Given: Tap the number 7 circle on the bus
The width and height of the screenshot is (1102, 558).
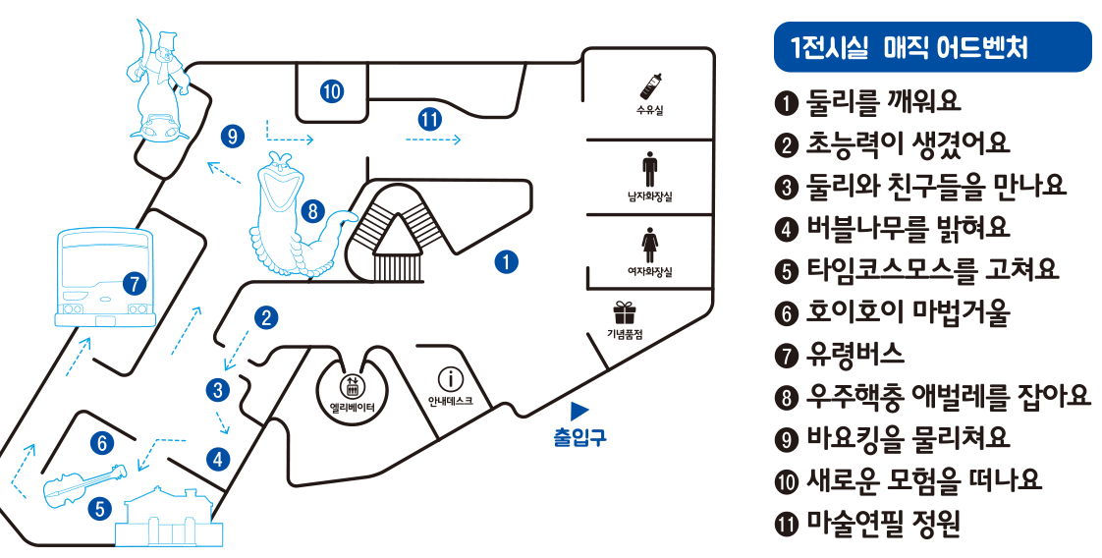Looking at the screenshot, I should [x=135, y=285].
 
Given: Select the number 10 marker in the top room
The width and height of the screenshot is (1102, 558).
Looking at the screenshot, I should [x=332, y=91].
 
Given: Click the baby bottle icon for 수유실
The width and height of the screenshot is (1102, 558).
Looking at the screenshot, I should [x=650, y=85].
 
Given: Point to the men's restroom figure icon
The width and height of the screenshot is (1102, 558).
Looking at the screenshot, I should [x=649, y=169].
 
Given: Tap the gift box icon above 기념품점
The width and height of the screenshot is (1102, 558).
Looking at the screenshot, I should [x=624, y=312].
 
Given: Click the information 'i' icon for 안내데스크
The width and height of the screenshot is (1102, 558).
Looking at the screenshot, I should [x=450, y=379].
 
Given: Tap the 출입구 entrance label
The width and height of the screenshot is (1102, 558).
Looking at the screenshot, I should [x=579, y=436].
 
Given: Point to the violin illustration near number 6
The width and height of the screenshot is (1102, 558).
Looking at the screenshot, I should [x=83, y=483].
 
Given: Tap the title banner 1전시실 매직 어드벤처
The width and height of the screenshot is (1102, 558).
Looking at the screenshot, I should [x=932, y=47].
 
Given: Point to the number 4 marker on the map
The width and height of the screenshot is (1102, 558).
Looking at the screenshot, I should [x=216, y=458].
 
